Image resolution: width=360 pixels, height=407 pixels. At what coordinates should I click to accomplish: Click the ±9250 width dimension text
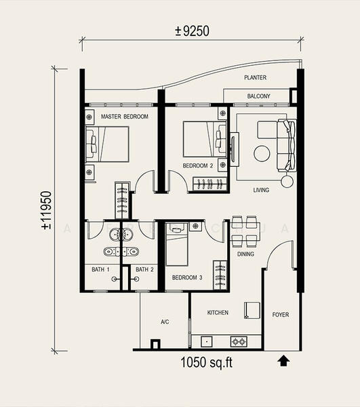coord(192,31)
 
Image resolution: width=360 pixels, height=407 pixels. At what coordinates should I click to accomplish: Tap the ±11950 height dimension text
coord(47,210)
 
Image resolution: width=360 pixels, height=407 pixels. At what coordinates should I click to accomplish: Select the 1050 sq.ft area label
coord(206,362)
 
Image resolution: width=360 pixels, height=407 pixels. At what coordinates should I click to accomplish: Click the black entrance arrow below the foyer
coord(284,361)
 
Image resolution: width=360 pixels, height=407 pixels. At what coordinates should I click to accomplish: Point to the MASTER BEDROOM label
coord(125,117)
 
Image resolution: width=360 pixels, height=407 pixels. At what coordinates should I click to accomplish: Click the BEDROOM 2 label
coord(198,166)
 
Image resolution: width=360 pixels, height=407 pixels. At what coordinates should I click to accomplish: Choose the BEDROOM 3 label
coord(187,277)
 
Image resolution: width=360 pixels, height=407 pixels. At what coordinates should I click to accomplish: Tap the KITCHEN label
coord(218,313)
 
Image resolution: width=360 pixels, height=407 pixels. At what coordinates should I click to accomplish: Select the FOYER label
coord(281,315)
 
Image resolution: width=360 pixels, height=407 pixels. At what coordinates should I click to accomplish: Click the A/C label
coord(165,322)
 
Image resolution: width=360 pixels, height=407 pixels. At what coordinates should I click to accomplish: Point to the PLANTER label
coord(255,77)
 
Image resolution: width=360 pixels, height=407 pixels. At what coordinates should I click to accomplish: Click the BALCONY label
coord(258,96)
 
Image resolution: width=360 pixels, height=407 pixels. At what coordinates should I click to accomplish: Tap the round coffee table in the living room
coord(262,154)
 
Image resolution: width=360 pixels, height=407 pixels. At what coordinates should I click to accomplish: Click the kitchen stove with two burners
coord(239,342)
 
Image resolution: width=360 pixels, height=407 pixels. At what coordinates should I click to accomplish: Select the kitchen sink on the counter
coord(207,342)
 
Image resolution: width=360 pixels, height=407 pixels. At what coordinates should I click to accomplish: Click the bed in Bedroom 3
coord(177,244)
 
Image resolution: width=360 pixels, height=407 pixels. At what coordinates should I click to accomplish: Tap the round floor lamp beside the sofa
coord(287,181)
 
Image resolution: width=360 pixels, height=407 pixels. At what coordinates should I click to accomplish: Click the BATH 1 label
coord(100,270)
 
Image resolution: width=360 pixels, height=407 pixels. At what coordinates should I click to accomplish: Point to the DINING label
coord(245,254)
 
